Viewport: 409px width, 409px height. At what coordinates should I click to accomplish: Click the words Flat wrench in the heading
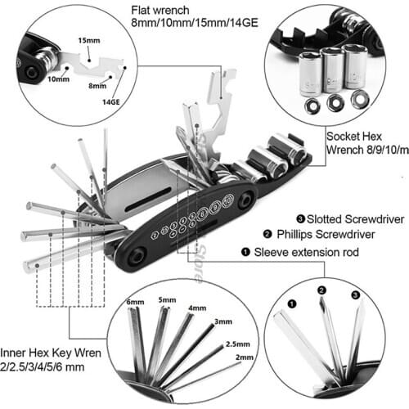[160, 12]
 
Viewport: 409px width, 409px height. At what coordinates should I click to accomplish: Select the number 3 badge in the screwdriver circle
[353, 293]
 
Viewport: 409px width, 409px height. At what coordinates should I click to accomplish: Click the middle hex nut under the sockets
[334, 104]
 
